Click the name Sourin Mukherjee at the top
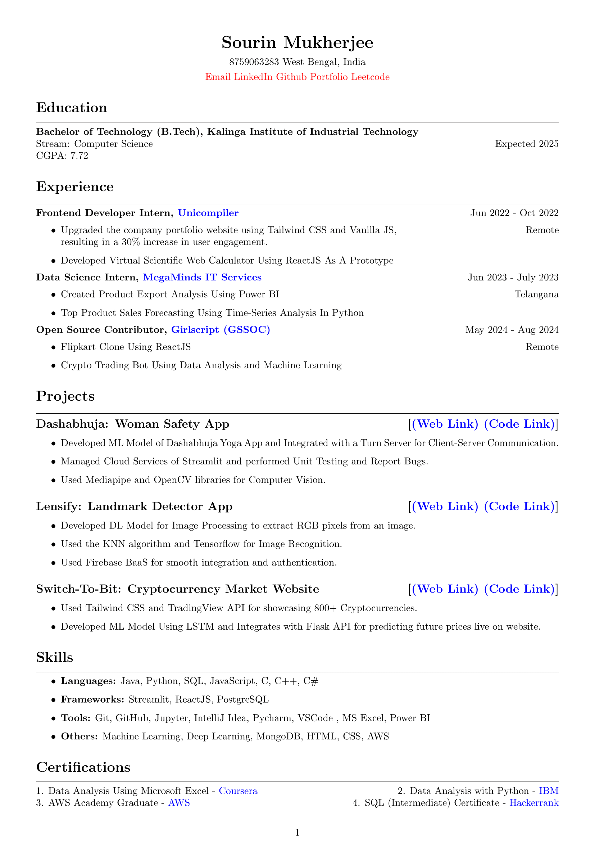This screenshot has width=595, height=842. coord(297,42)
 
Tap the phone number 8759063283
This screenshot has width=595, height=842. coord(254,62)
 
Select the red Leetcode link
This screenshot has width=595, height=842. coord(370,77)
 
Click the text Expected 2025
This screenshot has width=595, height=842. coord(527,144)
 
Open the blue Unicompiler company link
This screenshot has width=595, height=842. coord(208,213)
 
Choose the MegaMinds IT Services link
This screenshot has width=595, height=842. coord(202,277)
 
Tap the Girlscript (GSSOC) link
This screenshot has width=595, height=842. coord(221,330)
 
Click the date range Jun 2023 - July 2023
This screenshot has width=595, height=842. coord(513,277)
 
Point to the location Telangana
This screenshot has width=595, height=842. coord(536,294)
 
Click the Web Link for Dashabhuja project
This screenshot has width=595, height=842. coord(445,424)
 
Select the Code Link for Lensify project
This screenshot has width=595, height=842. coord(519,506)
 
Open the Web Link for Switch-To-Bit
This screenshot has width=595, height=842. coord(445,589)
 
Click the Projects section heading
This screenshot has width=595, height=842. coord(65,396)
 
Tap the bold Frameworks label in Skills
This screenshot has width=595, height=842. coord(92,699)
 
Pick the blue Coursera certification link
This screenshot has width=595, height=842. coord(238,791)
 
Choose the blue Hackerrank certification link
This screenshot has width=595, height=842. coord(534,803)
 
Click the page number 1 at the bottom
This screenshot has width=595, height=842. coord(297,833)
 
